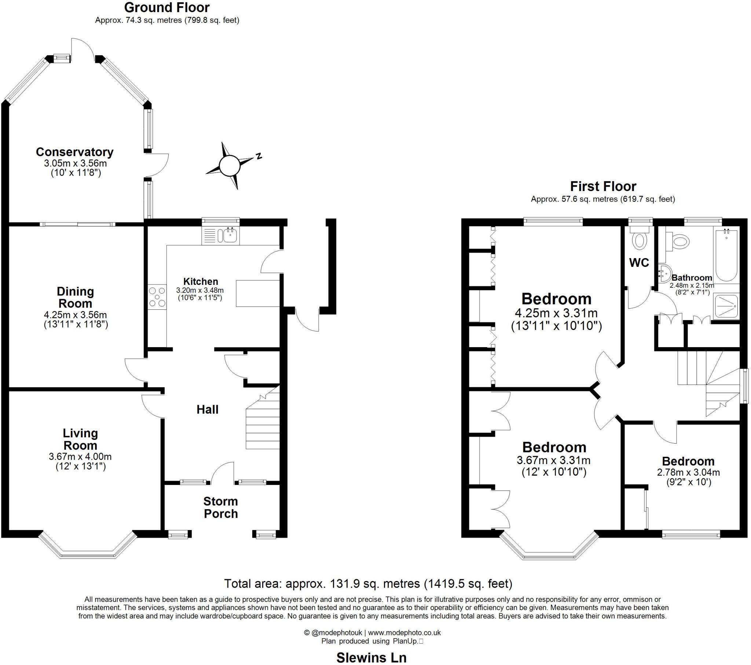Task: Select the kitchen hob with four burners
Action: (x=157, y=297)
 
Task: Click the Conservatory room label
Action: (x=74, y=152)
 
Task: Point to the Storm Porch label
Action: (x=220, y=507)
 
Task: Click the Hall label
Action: (x=207, y=409)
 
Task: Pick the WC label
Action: (x=639, y=262)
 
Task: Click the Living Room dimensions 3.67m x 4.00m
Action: (x=80, y=457)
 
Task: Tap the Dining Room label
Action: (x=75, y=297)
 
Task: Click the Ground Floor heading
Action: (x=167, y=7)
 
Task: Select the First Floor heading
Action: (x=603, y=186)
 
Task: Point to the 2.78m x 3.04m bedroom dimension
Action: (x=688, y=473)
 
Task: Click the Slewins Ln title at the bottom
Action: (x=371, y=658)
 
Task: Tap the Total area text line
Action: (x=368, y=583)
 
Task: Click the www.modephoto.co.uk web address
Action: (x=404, y=633)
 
